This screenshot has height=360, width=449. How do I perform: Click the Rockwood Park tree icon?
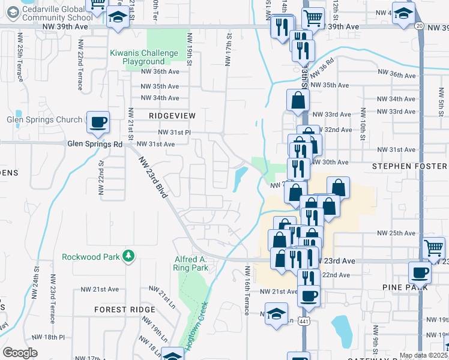(127, 257)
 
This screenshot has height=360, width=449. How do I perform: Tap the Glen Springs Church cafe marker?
(98, 122)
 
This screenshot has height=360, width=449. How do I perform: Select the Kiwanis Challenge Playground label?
(144, 58)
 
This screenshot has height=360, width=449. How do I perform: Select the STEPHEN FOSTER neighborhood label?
(410, 166)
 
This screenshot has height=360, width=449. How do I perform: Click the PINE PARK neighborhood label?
(405, 287)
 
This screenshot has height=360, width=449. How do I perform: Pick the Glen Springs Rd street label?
(95, 145)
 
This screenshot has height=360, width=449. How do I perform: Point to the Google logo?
(20, 353)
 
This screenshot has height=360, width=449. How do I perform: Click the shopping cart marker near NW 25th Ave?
(433, 247)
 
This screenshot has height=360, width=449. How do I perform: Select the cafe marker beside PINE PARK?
(420, 272)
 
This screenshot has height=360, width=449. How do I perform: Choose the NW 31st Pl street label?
(174, 132)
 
